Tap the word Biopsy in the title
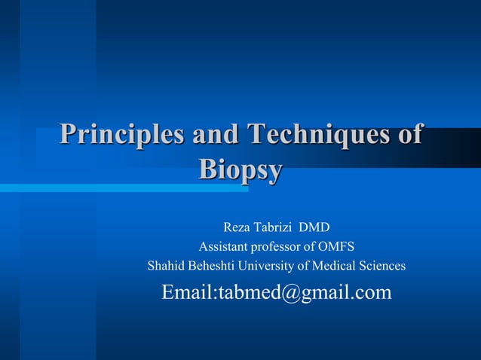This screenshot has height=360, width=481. [x=240, y=169]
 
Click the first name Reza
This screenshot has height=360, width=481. [x=237, y=227]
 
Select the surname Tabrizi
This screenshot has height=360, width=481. [x=276, y=227]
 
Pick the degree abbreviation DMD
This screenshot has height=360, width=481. [x=315, y=227]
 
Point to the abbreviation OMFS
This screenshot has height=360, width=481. [x=338, y=246]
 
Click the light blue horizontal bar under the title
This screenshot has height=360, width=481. [x=113, y=188]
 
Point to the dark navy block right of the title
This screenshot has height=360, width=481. [x=452, y=147]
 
